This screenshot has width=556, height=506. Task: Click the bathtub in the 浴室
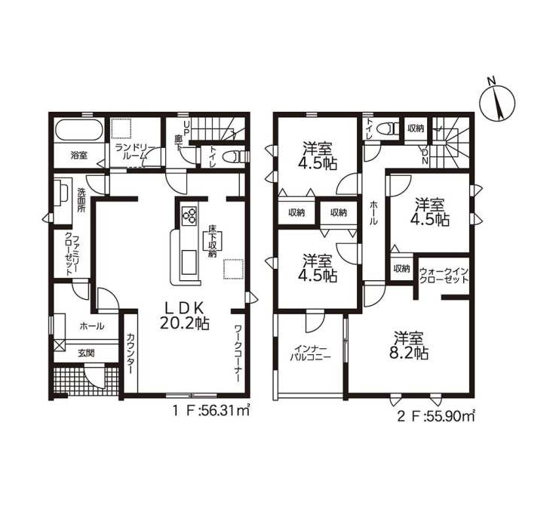(x=79, y=130)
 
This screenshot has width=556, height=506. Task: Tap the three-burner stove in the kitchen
(x=189, y=215)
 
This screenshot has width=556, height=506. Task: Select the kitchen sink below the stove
(x=189, y=262)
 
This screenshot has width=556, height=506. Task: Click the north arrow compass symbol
(x=497, y=101)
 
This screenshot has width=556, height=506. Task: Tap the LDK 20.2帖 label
(x=184, y=316)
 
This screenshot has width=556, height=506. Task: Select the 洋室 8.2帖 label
(x=410, y=345)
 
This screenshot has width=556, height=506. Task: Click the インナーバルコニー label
(x=310, y=353)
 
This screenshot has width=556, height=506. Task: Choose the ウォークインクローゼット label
(x=444, y=276)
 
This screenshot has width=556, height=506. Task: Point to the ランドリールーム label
(x=131, y=151)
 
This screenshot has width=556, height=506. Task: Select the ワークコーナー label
(x=238, y=353)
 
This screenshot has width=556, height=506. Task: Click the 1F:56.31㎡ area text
(x=211, y=412)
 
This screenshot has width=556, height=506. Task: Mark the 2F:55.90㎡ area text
(x=435, y=416)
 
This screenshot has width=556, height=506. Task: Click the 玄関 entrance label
(x=86, y=353)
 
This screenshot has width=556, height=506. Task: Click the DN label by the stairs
(x=425, y=156)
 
